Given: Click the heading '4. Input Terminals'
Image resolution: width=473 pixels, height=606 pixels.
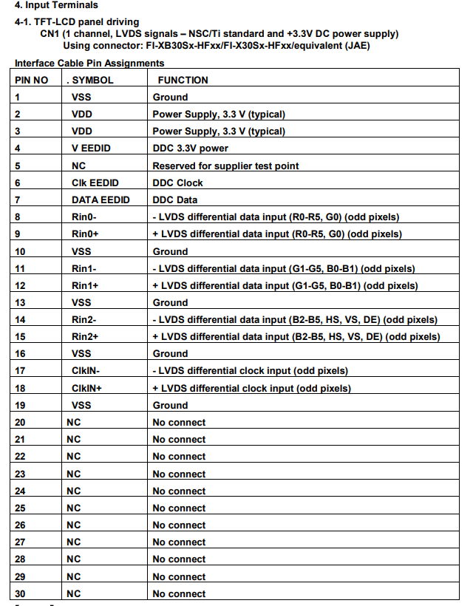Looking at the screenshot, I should click(x=55, y=6).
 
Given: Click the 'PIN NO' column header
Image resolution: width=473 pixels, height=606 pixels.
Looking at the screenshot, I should click(x=32, y=80).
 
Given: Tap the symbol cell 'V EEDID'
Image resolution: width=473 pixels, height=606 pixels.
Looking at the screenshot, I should click(x=91, y=149).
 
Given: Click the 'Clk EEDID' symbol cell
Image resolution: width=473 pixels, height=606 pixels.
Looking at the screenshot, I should click(x=95, y=183).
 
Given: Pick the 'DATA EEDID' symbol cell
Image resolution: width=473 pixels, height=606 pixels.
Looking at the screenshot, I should click(x=101, y=200).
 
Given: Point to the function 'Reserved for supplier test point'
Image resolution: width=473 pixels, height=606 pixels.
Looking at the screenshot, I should click(x=225, y=166).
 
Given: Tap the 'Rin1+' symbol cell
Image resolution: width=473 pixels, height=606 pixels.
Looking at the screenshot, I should click(x=86, y=285).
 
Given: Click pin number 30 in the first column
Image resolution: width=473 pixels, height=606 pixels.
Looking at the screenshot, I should click(x=20, y=593).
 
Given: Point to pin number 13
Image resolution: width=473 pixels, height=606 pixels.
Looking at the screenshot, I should click(x=20, y=302).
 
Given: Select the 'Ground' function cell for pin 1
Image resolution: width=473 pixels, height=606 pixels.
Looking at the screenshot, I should click(x=170, y=97).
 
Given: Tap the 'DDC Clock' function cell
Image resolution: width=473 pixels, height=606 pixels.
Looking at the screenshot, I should click(x=177, y=183).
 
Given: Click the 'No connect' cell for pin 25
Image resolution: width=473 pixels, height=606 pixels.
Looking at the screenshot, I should click(x=179, y=508).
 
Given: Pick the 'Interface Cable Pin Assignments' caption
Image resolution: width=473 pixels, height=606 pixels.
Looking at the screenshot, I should click(x=89, y=64).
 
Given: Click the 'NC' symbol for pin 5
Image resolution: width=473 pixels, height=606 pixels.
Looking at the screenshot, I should click(x=78, y=166).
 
